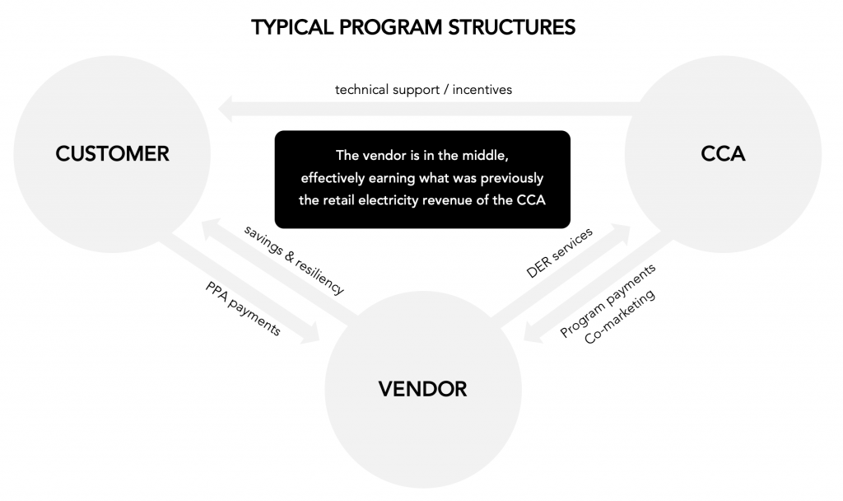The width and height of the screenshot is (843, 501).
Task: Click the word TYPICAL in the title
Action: pyautogui.click(x=291, y=27)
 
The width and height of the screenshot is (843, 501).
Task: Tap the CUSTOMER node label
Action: pyautogui.click(x=113, y=153)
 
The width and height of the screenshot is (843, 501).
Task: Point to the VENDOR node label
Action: pyautogui.click(x=422, y=388)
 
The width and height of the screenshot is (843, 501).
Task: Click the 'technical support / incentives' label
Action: pyautogui.click(x=423, y=89)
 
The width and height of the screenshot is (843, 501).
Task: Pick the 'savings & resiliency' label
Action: pyautogui.click(x=295, y=260)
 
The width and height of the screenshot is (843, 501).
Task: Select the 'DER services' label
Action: pyautogui.click(x=560, y=254)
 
